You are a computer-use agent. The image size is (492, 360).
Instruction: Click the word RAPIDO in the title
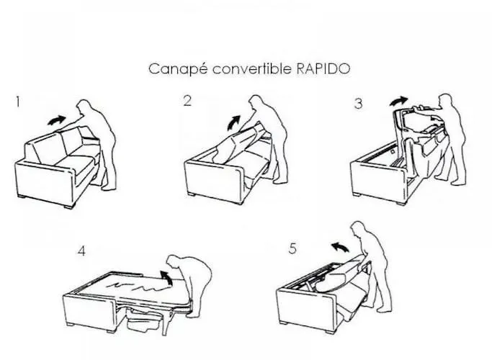(x=323, y=68)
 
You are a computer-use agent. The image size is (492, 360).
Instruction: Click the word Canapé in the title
(x=178, y=69)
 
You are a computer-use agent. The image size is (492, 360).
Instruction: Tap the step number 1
(x=18, y=102)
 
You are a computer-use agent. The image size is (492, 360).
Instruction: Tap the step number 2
(x=187, y=101)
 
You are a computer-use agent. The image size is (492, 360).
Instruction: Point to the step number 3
(x=358, y=104)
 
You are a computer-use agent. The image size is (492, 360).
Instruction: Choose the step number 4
(x=81, y=251)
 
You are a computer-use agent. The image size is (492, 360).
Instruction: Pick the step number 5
(x=292, y=248)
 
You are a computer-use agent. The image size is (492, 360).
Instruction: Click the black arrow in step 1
(x=57, y=120)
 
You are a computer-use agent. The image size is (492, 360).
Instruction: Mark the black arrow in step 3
(x=398, y=101)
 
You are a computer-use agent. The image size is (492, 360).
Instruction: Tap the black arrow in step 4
(x=166, y=278)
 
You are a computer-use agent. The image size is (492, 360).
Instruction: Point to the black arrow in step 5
(x=340, y=246)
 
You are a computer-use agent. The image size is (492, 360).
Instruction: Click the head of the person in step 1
(x=84, y=107)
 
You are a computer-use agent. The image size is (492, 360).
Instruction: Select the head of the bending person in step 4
(x=174, y=261)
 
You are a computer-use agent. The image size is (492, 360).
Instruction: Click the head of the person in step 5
(x=358, y=228)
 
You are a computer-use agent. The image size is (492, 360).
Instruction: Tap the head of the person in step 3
(x=446, y=100)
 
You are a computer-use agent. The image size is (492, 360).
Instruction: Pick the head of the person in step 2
(x=256, y=103)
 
